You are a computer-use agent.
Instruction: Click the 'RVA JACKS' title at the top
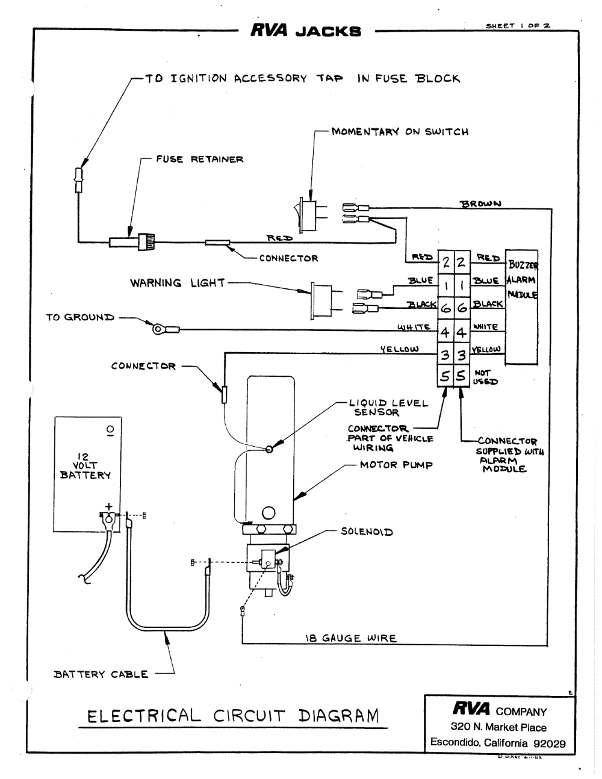pos(305,31)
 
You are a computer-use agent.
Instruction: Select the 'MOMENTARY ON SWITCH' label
pos(400,132)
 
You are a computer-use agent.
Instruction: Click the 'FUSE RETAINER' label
pos(199,160)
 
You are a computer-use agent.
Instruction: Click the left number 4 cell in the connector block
pos(445,332)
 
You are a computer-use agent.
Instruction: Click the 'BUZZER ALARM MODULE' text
pos(523,280)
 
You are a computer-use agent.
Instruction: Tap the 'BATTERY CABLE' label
pos(101,674)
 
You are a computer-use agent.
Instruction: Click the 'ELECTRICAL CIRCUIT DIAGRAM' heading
pos(234,716)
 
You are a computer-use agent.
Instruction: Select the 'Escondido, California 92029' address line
pos(498,743)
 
